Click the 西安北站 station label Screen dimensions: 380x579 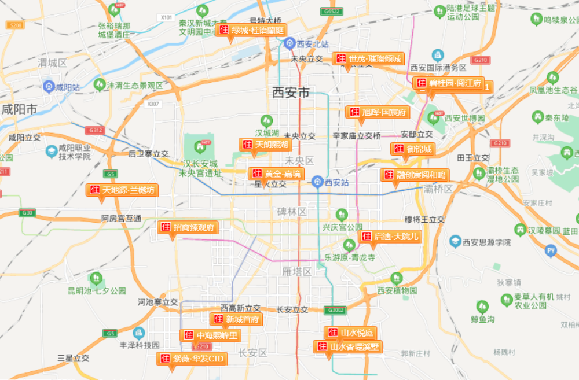pyautogui.click(x=313, y=45)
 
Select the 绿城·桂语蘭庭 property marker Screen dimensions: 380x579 pyautogui.click(x=252, y=30)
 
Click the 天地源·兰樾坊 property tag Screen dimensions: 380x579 pyautogui.click(x=122, y=190)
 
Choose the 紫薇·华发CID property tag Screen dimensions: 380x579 pyautogui.click(x=192, y=359)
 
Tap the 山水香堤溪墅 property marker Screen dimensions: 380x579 pyautogui.click(x=347, y=347)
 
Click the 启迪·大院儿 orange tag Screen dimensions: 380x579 pyautogui.click(x=390, y=237)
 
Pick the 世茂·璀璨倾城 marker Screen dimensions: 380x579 pyautogui.click(x=368, y=59)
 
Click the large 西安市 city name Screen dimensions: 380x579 pyautogui.click(x=291, y=92)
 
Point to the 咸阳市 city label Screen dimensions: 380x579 pyautogui.click(x=19, y=109)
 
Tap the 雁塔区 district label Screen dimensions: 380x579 pyautogui.click(x=298, y=271)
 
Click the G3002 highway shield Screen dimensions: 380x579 pyautogui.click(x=336, y=310)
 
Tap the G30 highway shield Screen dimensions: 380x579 pyautogui.click(x=27, y=212)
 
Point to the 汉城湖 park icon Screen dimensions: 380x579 pyautogui.click(x=267, y=121)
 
